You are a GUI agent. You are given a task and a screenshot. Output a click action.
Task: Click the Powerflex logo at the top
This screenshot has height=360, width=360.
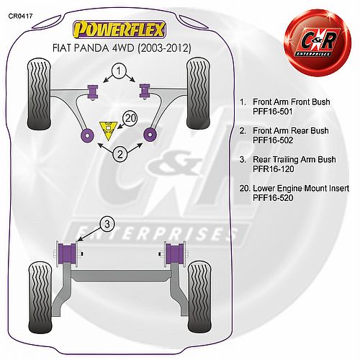click(120, 30)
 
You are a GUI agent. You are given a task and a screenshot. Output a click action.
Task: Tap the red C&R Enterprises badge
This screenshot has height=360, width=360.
click(318, 42)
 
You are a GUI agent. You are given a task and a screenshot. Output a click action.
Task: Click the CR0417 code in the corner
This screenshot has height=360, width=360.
click(20, 16)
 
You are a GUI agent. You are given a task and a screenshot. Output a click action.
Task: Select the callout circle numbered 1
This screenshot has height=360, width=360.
click(119, 71)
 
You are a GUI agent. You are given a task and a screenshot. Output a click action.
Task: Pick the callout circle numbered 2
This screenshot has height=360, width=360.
click(120, 154)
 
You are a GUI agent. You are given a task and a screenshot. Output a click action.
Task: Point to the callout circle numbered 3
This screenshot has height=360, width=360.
click(107, 224)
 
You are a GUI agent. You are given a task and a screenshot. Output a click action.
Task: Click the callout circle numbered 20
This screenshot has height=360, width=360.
click(130, 118)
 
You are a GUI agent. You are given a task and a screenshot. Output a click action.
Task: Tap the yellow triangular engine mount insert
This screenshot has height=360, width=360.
click(109, 130)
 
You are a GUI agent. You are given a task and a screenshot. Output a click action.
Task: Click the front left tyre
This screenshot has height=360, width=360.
click(39, 94)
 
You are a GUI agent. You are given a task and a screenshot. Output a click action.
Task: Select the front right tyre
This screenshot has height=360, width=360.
click(198, 94)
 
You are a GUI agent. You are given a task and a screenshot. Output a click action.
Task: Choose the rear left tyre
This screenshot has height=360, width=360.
click(40, 297)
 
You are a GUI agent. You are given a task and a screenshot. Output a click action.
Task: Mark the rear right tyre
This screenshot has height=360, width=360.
click(199, 297)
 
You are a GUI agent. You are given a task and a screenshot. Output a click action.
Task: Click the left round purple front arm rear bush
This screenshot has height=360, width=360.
click(87, 135)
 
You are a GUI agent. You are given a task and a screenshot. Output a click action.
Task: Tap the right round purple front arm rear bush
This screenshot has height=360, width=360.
click(150, 135)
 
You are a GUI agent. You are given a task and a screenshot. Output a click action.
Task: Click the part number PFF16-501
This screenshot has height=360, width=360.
click(273, 112)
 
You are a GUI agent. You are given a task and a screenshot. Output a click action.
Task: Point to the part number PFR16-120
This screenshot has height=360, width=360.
click(274, 169)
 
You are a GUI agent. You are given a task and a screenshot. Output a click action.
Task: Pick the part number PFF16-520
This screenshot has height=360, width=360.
click(273, 198)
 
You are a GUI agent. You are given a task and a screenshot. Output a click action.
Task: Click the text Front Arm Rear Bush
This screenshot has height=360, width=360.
click(291, 131)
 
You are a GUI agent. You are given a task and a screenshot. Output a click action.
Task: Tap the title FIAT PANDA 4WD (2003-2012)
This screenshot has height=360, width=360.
click(122, 48)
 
